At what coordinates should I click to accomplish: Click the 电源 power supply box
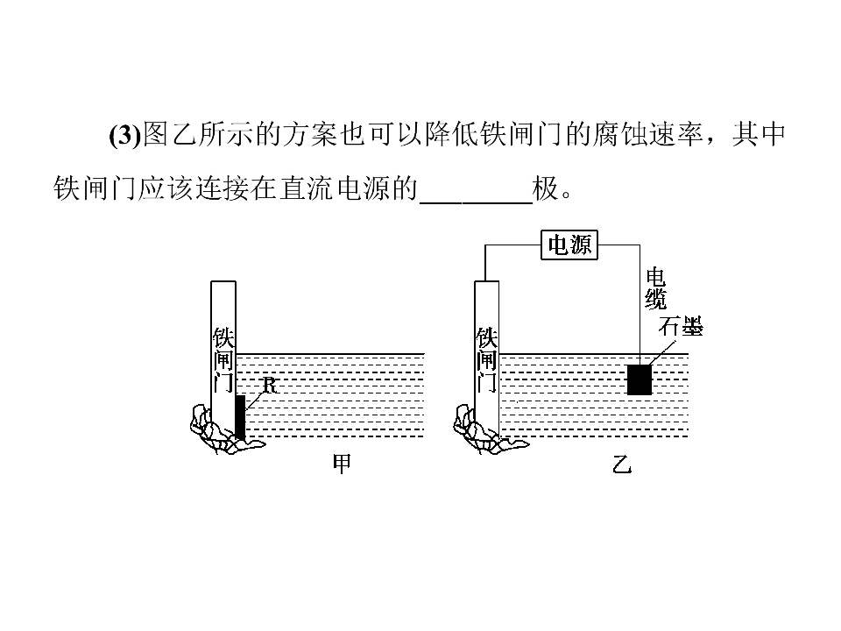point(569,245)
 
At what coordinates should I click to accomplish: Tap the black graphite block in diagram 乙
point(640,379)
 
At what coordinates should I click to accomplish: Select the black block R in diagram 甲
point(240,417)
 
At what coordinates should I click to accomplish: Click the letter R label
point(269,385)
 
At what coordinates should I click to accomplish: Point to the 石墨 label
point(680,326)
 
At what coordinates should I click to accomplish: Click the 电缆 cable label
point(655,288)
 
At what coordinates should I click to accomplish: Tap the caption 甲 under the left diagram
point(342,464)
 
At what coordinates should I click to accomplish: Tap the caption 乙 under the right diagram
point(622,464)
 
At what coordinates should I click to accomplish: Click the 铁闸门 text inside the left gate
point(223,359)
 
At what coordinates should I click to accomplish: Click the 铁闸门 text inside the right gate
point(486,359)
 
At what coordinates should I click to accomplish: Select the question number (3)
point(125,135)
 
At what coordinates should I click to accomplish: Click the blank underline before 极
point(477,202)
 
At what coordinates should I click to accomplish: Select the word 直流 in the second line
point(307,188)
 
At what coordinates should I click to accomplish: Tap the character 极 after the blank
point(546,188)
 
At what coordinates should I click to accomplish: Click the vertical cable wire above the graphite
point(640,305)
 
